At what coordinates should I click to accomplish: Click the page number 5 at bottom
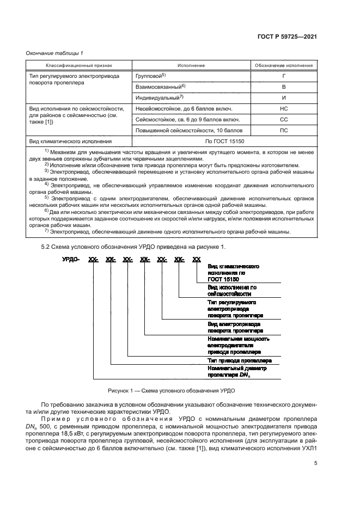[315, 463]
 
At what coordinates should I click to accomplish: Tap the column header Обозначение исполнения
[284, 65]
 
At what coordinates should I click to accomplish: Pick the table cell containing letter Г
[283, 76]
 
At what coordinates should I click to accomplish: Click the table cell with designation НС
[283, 108]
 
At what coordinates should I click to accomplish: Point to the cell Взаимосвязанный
[160, 87]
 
